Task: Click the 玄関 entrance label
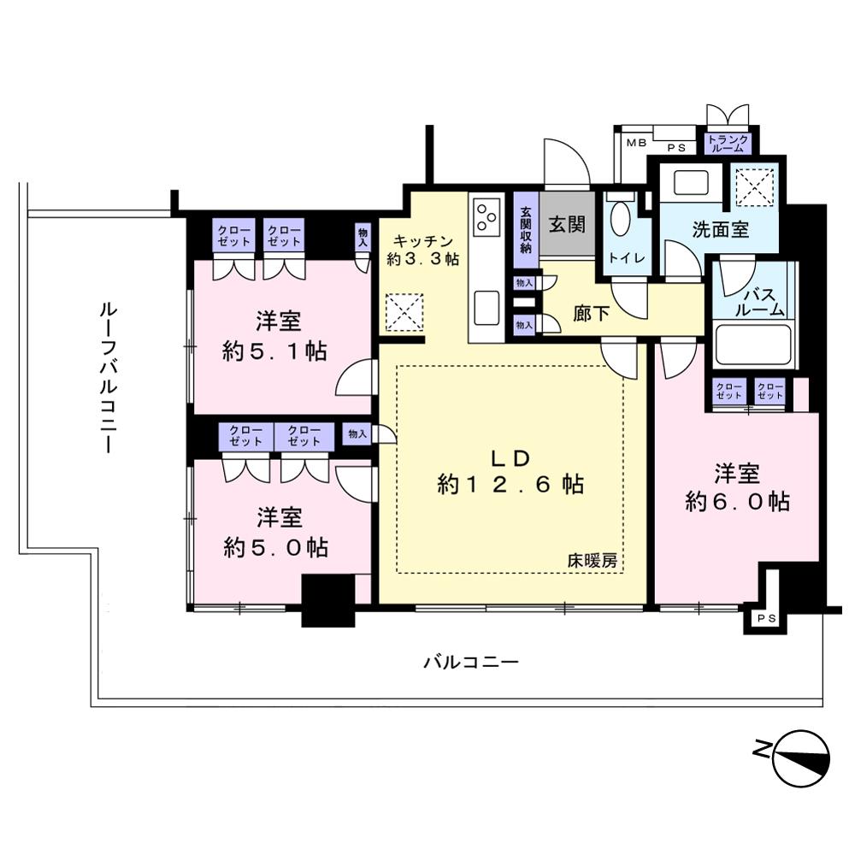click(567, 223)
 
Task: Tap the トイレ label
click(627, 257)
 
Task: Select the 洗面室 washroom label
click(720, 229)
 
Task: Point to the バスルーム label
click(759, 303)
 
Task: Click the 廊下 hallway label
click(591, 314)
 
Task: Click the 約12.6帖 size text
click(510, 484)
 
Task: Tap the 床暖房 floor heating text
click(593, 560)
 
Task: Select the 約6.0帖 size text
click(737, 501)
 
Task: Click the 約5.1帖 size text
click(274, 351)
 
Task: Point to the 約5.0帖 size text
click(275, 547)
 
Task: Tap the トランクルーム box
click(728, 144)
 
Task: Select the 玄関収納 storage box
click(526, 230)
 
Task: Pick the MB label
click(636, 143)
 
